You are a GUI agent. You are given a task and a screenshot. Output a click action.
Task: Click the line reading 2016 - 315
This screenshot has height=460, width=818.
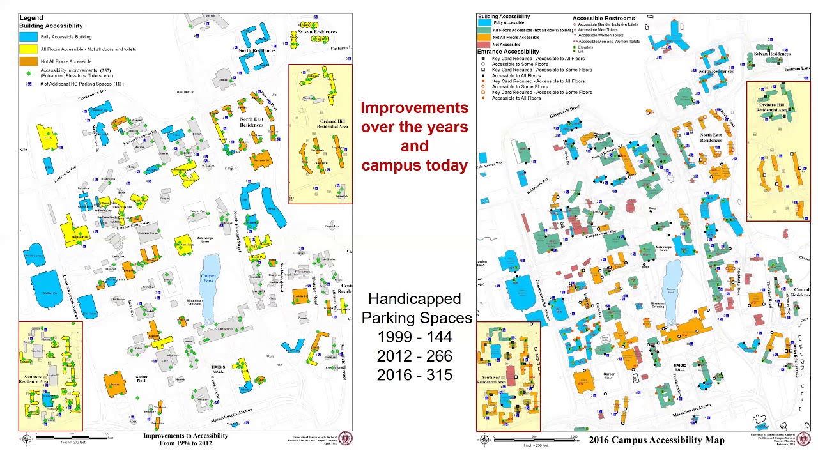[415, 375]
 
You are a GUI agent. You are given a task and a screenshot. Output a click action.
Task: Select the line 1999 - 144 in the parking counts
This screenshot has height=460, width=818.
[415, 337]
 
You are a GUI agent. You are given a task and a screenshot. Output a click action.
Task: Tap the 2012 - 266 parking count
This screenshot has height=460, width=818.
[415, 356]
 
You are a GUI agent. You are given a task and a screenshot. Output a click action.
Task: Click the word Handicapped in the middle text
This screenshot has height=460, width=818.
[415, 299]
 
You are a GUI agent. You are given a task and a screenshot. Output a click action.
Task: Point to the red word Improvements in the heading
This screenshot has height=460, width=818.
[415, 108]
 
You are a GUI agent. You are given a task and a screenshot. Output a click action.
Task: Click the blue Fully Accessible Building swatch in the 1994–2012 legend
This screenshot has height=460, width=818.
[29, 37]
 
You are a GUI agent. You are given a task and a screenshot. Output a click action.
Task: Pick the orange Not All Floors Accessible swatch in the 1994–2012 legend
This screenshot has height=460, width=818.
[29, 61]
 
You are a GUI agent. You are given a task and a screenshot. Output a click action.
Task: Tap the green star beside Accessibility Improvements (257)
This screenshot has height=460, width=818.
[29, 73]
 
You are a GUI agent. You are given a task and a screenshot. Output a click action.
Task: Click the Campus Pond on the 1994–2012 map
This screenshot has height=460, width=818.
[209, 284]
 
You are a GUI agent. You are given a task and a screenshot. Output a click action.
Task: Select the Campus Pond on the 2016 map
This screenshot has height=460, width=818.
[671, 284]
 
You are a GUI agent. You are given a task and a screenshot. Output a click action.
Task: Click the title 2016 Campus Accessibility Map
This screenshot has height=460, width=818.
[656, 440]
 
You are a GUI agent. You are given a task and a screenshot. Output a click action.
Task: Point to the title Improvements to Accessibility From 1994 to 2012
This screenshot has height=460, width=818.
[185, 439]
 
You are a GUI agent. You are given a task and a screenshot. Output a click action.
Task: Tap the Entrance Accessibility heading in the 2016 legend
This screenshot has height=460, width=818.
[508, 52]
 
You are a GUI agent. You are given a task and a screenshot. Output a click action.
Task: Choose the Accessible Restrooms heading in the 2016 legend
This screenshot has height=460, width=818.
[603, 19]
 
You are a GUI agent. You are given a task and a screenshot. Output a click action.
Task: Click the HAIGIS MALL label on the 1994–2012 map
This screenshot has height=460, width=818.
[219, 369]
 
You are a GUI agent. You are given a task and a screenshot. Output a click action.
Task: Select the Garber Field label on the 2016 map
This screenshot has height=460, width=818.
[608, 376]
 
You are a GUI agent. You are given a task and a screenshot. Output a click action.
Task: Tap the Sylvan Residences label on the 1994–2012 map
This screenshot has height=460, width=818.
[317, 32]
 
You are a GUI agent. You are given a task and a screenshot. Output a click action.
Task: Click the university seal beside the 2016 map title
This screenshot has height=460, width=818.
[803, 439]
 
